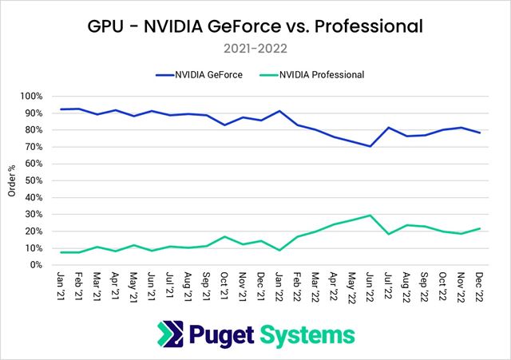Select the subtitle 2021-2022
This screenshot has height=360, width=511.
(255, 48)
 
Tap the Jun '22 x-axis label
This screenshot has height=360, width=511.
(369, 284)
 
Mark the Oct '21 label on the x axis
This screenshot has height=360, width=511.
(225, 284)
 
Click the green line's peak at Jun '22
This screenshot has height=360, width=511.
(370, 216)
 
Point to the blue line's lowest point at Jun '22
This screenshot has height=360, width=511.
(370, 146)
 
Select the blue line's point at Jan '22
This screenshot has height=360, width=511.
(279, 111)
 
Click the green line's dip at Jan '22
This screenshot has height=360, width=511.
(279, 250)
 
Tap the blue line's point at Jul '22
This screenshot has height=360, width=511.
(388, 128)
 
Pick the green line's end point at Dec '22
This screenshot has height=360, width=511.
(478, 228)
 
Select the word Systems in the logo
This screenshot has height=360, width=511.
(307, 334)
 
